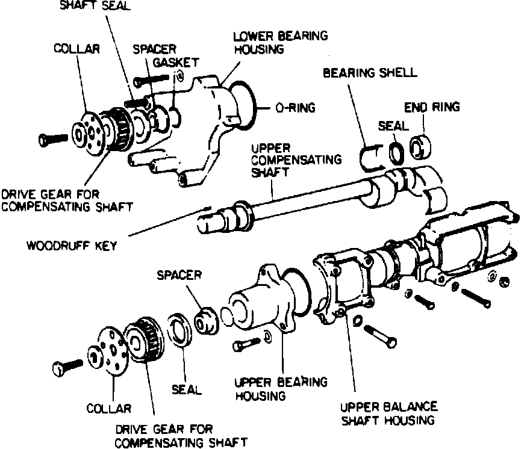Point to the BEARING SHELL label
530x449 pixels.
coord(369,73)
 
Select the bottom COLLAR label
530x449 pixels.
coord(108,409)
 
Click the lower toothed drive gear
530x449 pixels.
coord(145,340)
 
